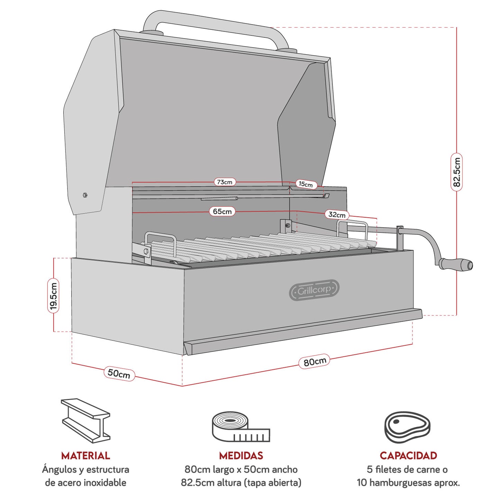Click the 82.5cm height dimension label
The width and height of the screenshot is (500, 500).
point(456,172)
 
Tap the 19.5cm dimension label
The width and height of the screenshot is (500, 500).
point(53,296)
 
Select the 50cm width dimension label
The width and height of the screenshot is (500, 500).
point(119,373)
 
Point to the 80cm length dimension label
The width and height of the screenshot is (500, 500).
point(315,362)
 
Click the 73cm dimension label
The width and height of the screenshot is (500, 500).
point(225,182)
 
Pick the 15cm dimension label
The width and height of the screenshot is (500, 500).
point(306,184)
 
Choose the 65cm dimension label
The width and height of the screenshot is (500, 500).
point(222,211)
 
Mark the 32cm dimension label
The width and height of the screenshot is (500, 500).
point(337,215)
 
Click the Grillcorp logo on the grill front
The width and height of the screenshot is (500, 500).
point(314,290)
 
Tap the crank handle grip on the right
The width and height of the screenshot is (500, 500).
point(456,264)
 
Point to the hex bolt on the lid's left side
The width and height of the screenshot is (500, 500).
point(85,195)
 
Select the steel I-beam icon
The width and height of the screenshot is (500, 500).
point(85,420)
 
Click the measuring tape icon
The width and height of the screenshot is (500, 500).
point(240,427)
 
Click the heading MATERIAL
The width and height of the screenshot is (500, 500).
point(85,455)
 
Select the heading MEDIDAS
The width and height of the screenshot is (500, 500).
point(241,455)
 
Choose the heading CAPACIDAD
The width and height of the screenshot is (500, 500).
point(408,455)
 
